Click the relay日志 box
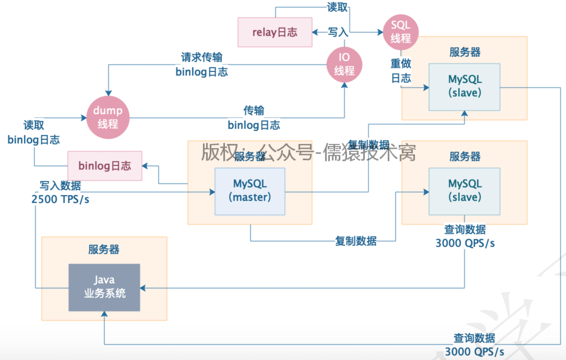275,32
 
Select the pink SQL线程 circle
401,32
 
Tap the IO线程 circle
344,64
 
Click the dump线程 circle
108,117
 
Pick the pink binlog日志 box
104,166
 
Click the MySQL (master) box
250,191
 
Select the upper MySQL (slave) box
464,87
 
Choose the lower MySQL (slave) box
464,191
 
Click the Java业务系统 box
104,287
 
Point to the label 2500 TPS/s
60,199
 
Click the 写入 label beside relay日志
338,32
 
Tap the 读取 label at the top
337,7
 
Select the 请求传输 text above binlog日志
202,57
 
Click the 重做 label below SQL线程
401,63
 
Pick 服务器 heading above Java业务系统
104,250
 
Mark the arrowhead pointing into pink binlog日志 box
145,166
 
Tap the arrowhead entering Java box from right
143,288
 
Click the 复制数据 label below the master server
356,241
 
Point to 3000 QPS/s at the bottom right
474,352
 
